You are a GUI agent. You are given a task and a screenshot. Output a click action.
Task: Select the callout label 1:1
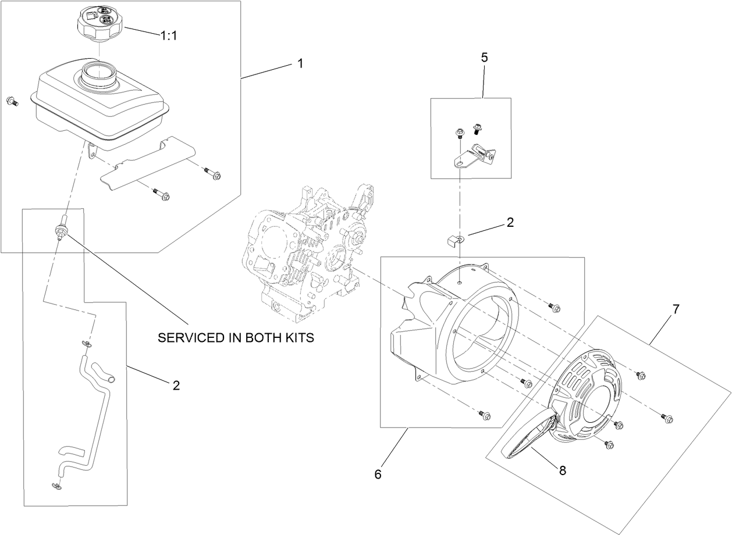click(x=169, y=35)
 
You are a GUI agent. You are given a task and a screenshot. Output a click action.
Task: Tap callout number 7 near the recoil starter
click(x=676, y=309)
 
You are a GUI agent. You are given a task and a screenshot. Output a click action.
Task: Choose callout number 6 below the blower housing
click(x=378, y=475)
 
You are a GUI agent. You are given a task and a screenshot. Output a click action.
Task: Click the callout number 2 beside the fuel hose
click(x=176, y=385)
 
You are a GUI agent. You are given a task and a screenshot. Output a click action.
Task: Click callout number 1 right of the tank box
click(x=300, y=63)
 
